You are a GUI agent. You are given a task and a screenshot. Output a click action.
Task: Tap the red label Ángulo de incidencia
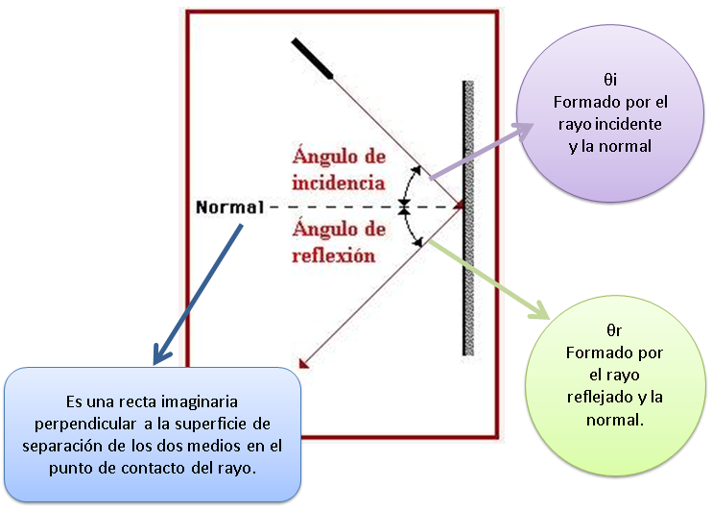click(339, 169)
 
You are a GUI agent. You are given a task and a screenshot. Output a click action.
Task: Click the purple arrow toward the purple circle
click(480, 151)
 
